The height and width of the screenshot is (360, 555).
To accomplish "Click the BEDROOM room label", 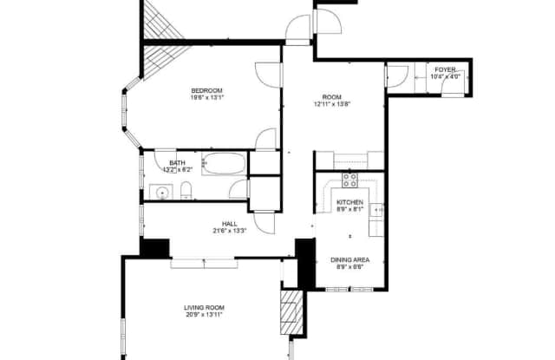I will point(208,91).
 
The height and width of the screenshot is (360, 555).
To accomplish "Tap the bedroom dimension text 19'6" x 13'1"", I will point(208,99).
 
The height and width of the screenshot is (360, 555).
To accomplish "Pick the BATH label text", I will point(177,163).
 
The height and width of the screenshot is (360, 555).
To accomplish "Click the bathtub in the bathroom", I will point(225,163).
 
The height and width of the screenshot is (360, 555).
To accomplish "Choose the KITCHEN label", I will point(349,202).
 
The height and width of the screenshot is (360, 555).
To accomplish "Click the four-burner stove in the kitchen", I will point(350,180).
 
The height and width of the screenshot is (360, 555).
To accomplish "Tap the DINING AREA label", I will point(349,259).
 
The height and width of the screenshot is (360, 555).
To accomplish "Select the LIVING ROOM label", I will point(205,307).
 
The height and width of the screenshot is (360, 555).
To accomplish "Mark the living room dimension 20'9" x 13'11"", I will point(205,315).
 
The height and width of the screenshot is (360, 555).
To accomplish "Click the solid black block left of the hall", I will point(155,247).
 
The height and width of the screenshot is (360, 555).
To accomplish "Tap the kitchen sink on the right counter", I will point(377,209).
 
